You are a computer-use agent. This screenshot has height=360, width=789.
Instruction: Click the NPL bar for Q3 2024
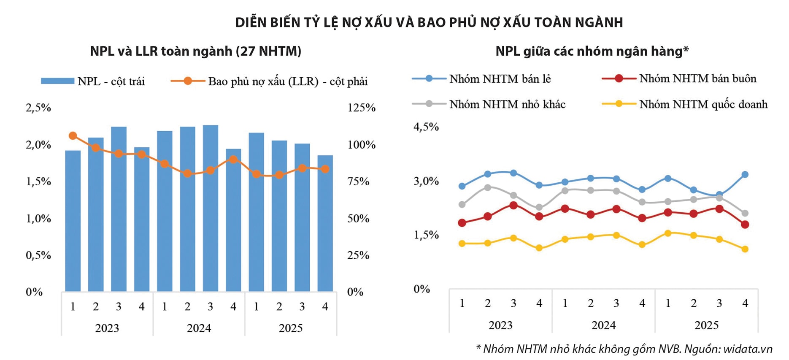210,209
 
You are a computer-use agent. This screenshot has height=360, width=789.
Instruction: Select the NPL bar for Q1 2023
73,222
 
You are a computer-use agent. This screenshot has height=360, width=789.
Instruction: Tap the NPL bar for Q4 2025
325,224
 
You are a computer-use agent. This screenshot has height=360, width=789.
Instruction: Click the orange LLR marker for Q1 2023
73,135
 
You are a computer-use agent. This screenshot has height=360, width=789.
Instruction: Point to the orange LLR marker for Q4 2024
233,159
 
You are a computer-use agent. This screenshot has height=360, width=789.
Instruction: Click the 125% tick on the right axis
361,108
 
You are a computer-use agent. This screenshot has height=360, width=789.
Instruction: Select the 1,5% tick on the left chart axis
38,181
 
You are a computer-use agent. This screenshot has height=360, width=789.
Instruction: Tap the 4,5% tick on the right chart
426,127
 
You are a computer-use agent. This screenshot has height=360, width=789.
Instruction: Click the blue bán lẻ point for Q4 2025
745,174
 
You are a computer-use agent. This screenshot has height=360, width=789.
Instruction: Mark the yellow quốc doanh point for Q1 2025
667,233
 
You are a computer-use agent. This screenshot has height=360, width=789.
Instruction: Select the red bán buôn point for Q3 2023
513,205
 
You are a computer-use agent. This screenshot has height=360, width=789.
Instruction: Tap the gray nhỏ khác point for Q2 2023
488,187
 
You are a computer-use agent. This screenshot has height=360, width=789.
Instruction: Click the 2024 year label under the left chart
199,328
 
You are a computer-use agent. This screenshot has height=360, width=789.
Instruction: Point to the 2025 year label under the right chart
706,325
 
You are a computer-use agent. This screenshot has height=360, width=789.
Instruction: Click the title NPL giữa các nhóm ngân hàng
592,51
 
